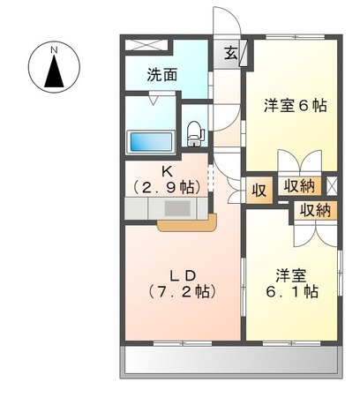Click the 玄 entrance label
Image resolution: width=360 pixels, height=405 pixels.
[229, 55]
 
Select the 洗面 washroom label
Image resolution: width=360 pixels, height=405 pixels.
[162, 75]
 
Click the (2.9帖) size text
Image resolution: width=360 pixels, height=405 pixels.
[166, 187]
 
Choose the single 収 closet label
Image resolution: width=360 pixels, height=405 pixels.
[259, 189]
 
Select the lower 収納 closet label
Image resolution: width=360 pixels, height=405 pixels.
[314, 210]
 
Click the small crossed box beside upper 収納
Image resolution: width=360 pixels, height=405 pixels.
[332, 185]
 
